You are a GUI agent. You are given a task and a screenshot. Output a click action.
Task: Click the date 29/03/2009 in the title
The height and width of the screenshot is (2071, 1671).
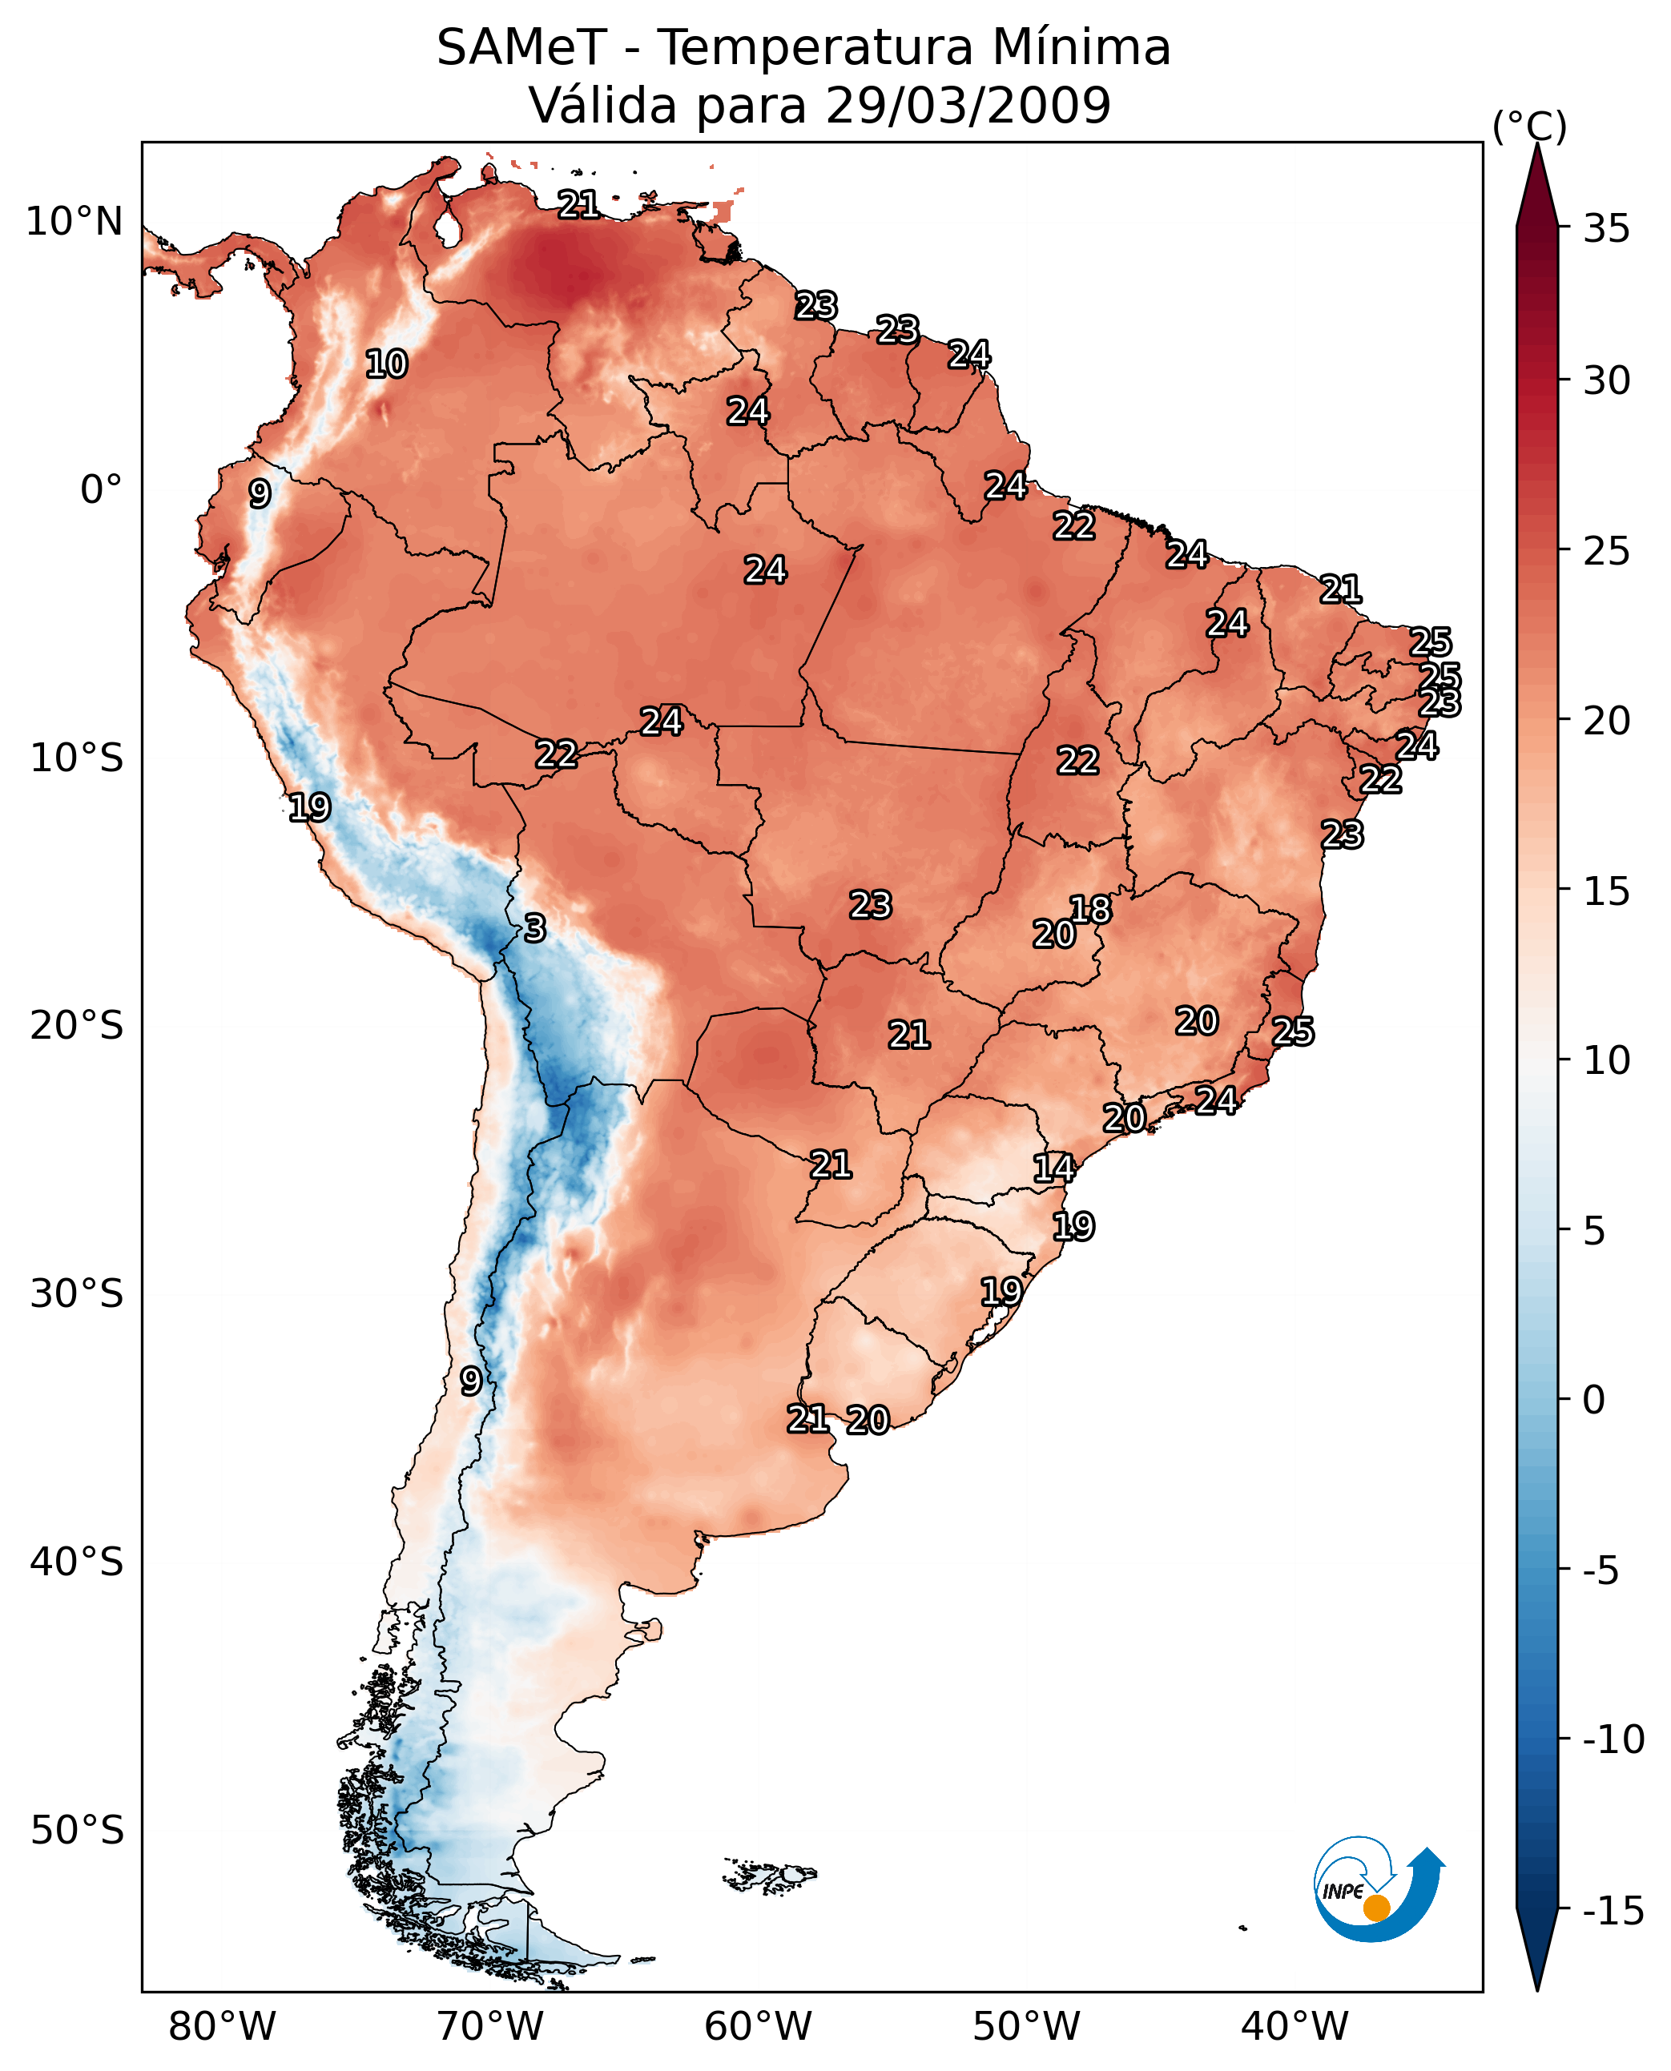[x=968, y=105]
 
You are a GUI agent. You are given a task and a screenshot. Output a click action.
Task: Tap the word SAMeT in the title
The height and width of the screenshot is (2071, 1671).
[x=521, y=48]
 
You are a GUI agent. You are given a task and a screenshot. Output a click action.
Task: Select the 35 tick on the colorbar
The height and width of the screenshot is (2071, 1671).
[x=1606, y=229]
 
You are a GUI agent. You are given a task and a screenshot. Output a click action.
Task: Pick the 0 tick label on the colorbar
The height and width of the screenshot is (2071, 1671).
[x=1594, y=1400]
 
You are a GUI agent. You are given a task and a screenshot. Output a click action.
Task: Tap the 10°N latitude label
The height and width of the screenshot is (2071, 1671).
[x=74, y=223]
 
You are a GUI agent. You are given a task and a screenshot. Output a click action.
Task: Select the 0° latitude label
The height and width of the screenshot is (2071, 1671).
[x=101, y=490]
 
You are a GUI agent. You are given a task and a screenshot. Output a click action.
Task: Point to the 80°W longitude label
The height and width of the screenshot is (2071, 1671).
[x=223, y=2027]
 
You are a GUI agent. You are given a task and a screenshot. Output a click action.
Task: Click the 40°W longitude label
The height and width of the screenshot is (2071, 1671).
[x=1295, y=2027]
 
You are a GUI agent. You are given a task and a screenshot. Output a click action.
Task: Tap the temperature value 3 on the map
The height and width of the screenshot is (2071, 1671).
[x=535, y=927]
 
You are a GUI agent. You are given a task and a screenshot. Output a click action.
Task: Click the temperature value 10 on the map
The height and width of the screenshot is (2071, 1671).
[x=387, y=364]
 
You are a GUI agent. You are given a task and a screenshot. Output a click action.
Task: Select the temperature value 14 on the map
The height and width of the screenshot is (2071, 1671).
[x=1054, y=1168]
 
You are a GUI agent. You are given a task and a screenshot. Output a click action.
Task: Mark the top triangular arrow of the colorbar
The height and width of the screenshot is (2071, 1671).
[x=1537, y=183]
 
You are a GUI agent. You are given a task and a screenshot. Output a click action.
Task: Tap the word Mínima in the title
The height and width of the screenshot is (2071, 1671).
[x=1081, y=48]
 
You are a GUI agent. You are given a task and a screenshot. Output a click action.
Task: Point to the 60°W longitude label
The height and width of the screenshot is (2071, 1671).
[x=759, y=2027]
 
